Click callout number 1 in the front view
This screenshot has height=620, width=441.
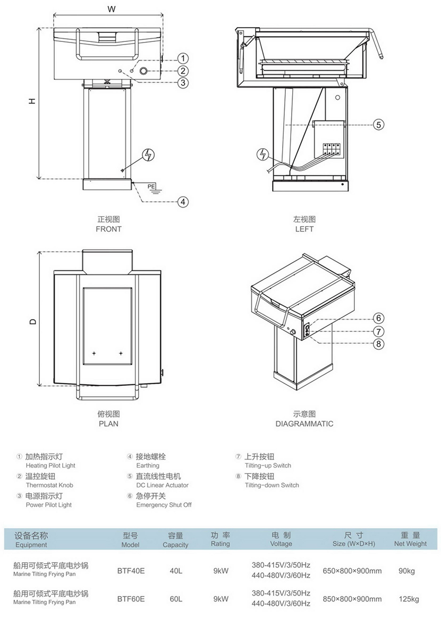(x=182, y=58)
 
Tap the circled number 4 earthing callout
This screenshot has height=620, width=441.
(x=182, y=202)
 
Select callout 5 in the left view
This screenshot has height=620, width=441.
(x=378, y=125)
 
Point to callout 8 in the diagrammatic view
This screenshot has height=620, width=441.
(x=378, y=344)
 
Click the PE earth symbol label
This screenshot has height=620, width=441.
(x=151, y=186)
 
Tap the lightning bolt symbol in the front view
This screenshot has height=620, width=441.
(x=149, y=155)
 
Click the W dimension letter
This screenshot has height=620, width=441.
(x=111, y=9)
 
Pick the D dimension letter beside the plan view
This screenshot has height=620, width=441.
(x=32, y=321)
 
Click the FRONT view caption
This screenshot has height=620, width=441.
(x=108, y=229)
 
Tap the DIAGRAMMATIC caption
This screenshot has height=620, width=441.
(x=304, y=424)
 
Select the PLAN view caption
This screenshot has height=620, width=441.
(x=108, y=424)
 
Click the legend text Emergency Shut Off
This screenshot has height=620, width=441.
(x=164, y=505)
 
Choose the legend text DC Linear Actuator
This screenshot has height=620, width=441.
(x=162, y=485)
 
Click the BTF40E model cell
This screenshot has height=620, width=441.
(x=131, y=571)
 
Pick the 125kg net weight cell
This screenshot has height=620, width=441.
(x=409, y=599)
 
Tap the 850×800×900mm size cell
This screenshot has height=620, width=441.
(x=352, y=599)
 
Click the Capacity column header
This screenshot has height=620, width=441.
(x=175, y=545)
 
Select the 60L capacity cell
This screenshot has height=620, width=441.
(x=176, y=599)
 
